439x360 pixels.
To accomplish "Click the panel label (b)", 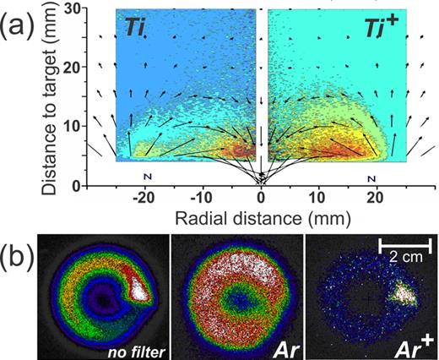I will tap(19, 251).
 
